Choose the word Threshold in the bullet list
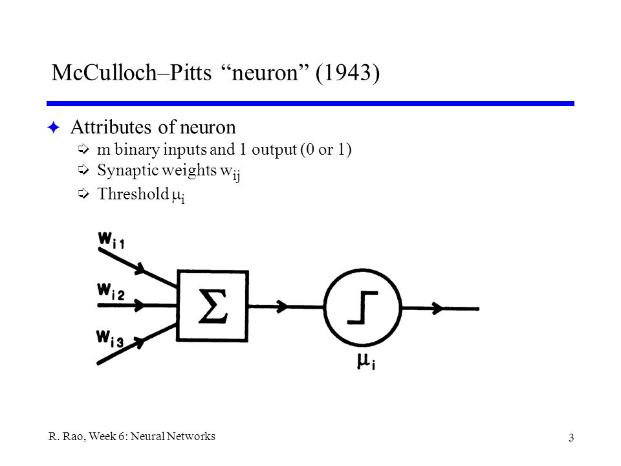pos(125,195)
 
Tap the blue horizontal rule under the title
pos(310,103)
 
